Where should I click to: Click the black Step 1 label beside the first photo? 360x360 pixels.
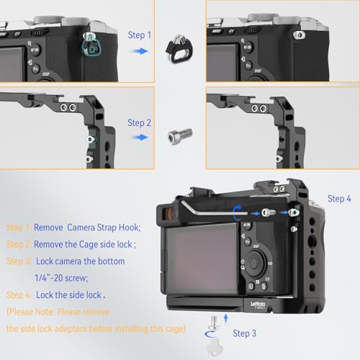click(x=140, y=35)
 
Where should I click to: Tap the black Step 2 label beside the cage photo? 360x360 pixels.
click(x=140, y=122)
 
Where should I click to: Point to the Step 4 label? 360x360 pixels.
click(x=339, y=198)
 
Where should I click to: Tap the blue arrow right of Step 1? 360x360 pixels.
click(x=140, y=52)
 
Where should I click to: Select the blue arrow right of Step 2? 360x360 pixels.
click(x=140, y=140)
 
